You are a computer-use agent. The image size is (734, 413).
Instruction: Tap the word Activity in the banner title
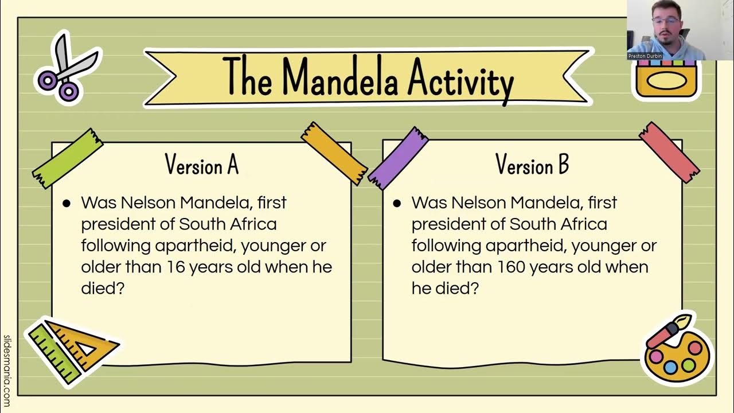[x=460, y=80]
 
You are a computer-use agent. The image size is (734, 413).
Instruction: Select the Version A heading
[x=201, y=165]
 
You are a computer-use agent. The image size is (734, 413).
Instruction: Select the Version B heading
[x=532, y=165]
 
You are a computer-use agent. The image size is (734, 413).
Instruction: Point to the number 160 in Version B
[x=511, y=267]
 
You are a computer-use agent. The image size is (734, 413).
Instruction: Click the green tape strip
[x=68, y=158]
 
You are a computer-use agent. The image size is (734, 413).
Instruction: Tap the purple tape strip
[x=399, y=158]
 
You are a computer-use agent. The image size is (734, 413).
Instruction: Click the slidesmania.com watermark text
[x=7, y=371]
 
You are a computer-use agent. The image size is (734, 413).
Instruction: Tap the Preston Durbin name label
[x=645, y=56]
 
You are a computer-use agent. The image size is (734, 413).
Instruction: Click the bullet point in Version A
[x=67, y=203]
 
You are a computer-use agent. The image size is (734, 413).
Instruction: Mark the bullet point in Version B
[x=397, y=203]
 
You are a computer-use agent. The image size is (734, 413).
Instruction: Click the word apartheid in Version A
[x=195, y=246]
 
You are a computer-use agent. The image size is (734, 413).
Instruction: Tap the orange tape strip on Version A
[x=334, y=153]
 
